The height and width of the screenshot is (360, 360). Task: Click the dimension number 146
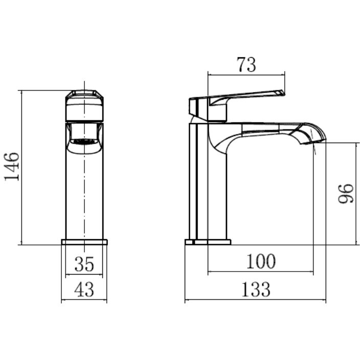(11, 167)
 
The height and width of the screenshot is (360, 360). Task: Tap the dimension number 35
(84, 264)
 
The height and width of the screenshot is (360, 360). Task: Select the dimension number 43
(84, 289)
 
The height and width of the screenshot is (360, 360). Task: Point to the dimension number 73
(246, 64)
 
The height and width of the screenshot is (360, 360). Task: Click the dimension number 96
(346, 193)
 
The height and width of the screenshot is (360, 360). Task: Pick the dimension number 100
(261, 261)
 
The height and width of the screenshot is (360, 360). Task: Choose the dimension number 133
(256, 289)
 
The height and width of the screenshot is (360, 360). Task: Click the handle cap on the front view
(84, 105)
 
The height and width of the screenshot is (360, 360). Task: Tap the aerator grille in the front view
(84, 141)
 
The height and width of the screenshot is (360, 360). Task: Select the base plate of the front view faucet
(84, 242)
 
